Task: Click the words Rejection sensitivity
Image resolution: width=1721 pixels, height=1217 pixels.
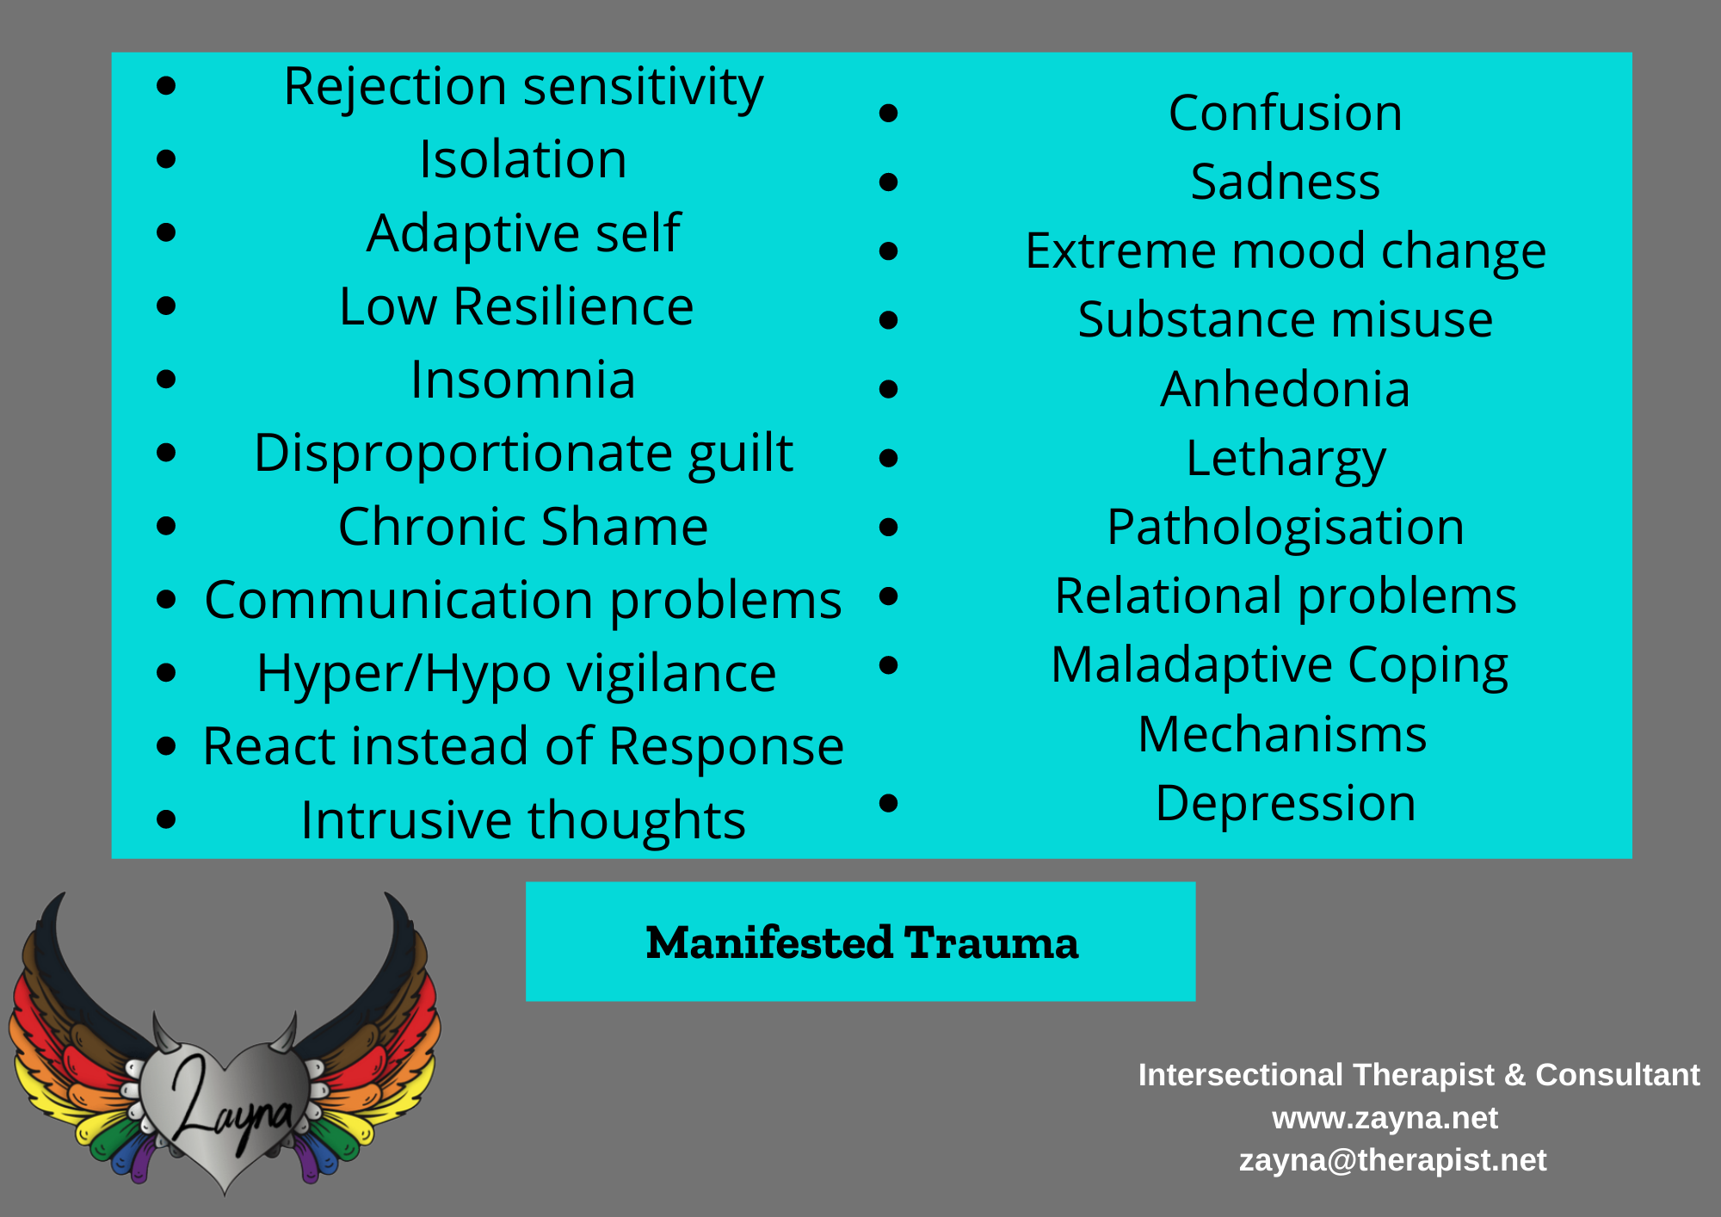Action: (x=523, y=88)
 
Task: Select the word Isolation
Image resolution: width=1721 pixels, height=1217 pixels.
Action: (x=523, y=159)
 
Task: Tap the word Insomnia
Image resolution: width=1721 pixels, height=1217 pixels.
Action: (x=523, y=380)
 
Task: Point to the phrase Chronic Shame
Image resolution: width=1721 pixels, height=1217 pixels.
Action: (x=523, y=526)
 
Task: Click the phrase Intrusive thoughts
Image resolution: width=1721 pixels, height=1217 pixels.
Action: (x=523, y=819)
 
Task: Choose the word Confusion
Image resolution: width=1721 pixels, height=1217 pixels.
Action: (x=1286, y=113)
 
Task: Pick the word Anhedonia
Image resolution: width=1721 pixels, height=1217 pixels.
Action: (x=1286, y=389)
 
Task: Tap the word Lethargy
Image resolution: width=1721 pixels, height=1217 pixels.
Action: (x=1286, y=460)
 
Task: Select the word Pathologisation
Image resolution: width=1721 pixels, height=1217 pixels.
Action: (x=1286, y=528)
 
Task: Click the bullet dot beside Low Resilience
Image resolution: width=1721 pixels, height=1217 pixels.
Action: (x=166, y=306)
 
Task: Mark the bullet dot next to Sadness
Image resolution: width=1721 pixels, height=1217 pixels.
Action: (x=889, y=182)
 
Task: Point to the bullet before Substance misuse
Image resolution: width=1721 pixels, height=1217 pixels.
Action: (x=889, y=320)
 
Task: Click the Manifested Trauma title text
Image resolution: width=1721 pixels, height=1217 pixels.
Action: (x=861, y=942)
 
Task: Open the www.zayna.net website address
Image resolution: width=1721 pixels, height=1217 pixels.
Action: (x=1385, y=1118)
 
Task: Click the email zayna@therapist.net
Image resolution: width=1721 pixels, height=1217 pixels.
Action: (x=1392, y=1160)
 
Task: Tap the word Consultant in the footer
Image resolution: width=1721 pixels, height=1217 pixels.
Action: (x=1618, y=1075)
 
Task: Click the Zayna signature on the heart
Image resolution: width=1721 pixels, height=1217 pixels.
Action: (x=231, y=1106)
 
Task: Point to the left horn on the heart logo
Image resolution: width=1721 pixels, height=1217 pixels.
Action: (x=164, y=1033)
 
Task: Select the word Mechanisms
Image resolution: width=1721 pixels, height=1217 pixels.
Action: (x=1282, y=735)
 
